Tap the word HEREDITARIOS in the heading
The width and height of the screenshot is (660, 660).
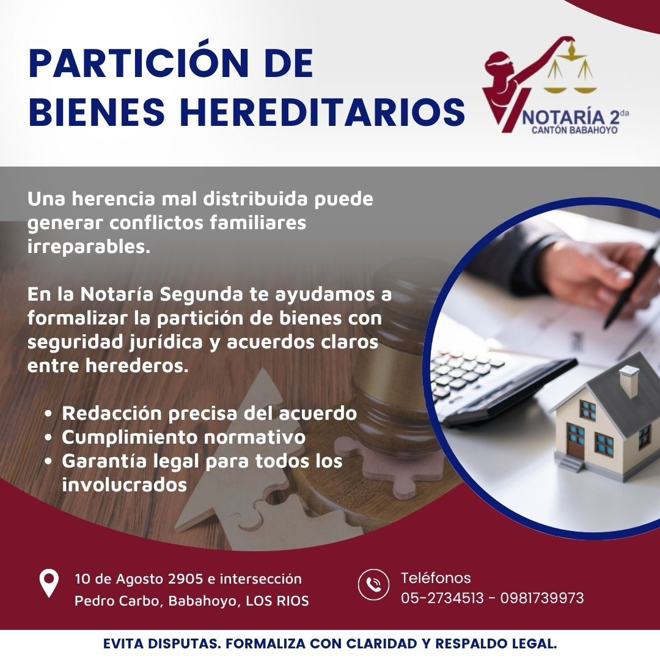click(323, 112)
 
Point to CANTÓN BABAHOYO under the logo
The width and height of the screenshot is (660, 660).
click(574, 130)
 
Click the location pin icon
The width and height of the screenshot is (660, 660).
click(49, 583)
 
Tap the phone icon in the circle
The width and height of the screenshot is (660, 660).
click(373, 584)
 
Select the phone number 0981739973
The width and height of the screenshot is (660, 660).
click(542, 598)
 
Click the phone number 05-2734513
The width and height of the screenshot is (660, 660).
click(442, 598)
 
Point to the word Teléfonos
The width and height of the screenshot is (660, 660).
click(436, 578)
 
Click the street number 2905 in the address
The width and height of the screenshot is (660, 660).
click(186, 579)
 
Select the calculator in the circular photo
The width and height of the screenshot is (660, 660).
click(497, 385)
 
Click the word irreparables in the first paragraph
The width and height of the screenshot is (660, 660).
click(89, 247)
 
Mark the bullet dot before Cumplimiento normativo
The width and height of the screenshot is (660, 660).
click(48, 438)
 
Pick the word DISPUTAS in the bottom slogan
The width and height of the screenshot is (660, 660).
click(185, 643)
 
